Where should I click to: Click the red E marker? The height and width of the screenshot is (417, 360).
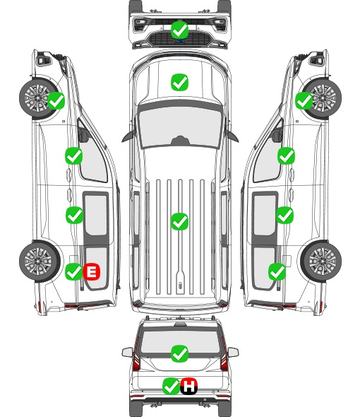click(x=92, y=271)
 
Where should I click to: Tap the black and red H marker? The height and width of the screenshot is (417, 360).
click(x=189, y=386)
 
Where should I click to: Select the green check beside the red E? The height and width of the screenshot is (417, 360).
click(x=73, y=271)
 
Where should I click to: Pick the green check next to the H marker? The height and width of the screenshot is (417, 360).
click(x=171, y=386)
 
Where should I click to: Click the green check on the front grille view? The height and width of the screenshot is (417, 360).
click(x=180, y=30)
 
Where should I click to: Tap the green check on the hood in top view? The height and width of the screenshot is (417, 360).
click(x=180, y=82)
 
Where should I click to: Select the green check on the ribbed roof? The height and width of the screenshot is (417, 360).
click(x=180, y=221)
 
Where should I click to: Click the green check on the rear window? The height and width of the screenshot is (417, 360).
click(x=180, y=353)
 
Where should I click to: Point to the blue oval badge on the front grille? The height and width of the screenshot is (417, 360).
click(x=180, y=41)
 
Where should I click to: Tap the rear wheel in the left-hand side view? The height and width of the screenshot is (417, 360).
click(x=39, y=262)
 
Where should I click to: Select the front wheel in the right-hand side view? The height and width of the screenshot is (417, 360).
click(x=323, y=98)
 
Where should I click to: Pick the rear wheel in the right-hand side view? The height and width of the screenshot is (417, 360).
click(x=321, y=262)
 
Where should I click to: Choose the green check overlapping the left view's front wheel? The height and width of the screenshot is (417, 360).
click(x=56, y=100)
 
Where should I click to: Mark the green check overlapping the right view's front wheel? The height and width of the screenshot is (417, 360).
click(x=304, y=100)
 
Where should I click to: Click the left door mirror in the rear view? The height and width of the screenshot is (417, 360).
click(x=127, y=352)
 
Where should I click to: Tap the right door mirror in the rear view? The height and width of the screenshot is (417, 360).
click(x=233, y=352)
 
